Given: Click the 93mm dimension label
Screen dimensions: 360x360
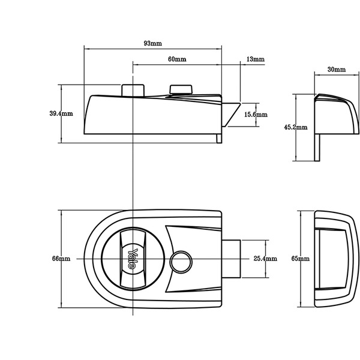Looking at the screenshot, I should (152, 44).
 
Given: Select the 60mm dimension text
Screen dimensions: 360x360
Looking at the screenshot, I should (176, 59).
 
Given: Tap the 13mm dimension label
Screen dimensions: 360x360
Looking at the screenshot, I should (255, 59).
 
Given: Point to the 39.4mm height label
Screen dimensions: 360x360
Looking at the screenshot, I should (61, 114).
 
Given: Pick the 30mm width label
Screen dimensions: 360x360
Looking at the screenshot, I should (337, 70).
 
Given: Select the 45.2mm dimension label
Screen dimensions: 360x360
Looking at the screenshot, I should (295, 127).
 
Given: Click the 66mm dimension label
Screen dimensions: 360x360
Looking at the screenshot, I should (61, 259).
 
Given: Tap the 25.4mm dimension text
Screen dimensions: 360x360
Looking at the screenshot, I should (265, 259).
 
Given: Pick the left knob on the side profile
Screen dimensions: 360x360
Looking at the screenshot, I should (133, 89).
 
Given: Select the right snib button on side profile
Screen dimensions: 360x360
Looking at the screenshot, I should (181, 90).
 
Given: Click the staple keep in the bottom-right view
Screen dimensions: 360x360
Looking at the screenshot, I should (332, 259).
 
